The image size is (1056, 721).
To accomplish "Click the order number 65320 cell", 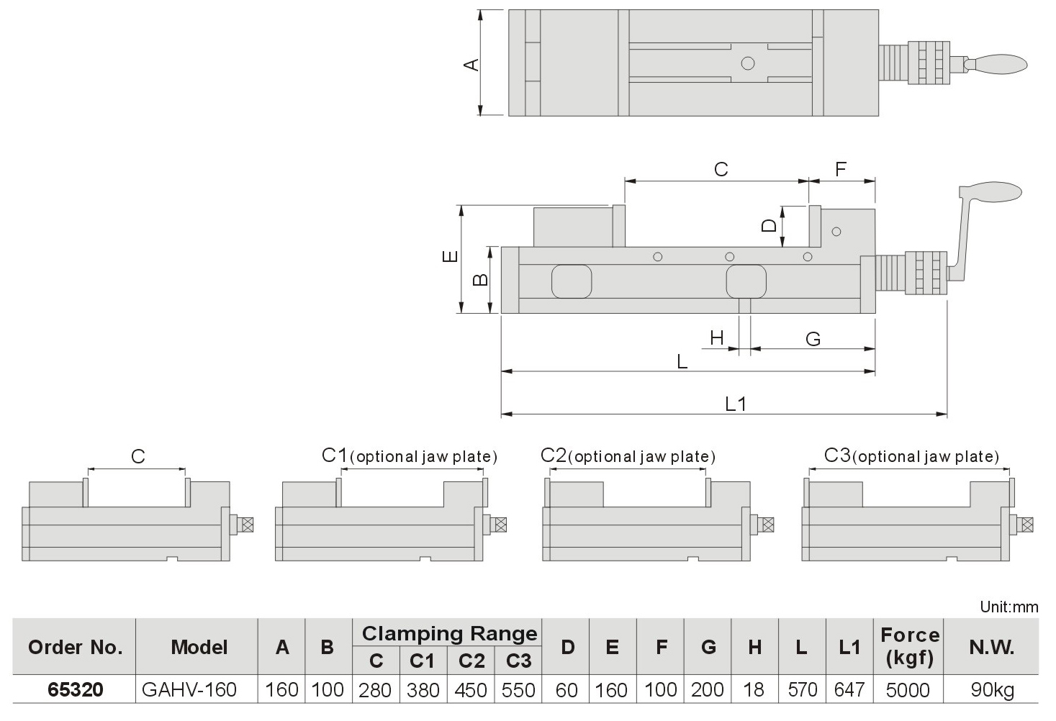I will tap(75, 690).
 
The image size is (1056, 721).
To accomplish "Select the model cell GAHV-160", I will tap(189, 690).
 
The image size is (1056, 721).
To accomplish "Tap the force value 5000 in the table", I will tap(908, 690).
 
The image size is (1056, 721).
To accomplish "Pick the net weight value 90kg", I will tap(992, 690).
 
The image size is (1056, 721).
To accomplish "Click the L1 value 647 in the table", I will tap(849, 690).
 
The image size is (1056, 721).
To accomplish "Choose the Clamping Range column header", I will tap(449, 633).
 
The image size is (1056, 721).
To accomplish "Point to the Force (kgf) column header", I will tap(910, 646).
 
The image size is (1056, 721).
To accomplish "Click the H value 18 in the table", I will tap(753, 690).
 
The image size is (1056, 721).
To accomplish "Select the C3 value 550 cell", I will tap(518, 690).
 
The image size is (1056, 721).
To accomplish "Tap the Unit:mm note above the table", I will tap(1009, 607).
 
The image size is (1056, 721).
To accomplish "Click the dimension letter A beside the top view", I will tap(470, 65).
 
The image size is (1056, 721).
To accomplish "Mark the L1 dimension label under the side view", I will tap(735, 404).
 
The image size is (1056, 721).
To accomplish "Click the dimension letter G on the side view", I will tap(813, 339).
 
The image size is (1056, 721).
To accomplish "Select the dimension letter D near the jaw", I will tap(770, 225).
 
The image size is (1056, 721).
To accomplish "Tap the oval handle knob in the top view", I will tap(1000, 64).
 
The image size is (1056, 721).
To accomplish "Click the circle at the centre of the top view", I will tap(748, 63).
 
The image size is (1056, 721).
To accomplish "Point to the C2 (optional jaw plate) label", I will tap(628, 456).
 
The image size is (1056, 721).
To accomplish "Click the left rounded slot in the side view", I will tap(572, 281).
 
